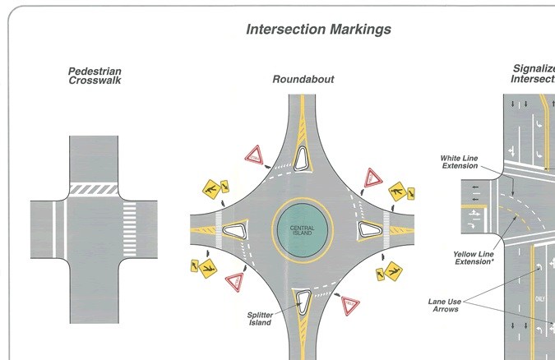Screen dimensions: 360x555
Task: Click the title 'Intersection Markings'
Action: pyautogui.click(x=319, y=30)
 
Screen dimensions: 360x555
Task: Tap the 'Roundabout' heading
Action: pyautogui.click(x=303, y=80)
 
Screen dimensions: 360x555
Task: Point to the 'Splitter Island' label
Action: pyautogui.click(x=263, y=319)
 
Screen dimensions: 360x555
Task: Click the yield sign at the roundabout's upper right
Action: pyautogui.click(x=374, y=177)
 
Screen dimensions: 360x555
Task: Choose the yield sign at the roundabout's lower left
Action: pyautogui.click(x=234, y=281)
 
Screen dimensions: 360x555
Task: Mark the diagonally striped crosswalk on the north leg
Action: pyautogui.click(x=94, y=188)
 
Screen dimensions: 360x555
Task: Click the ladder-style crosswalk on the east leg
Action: pyautogui.click(x=129, y=227)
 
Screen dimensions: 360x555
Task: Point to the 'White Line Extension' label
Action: pyautogui.click(x=460, y=162)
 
